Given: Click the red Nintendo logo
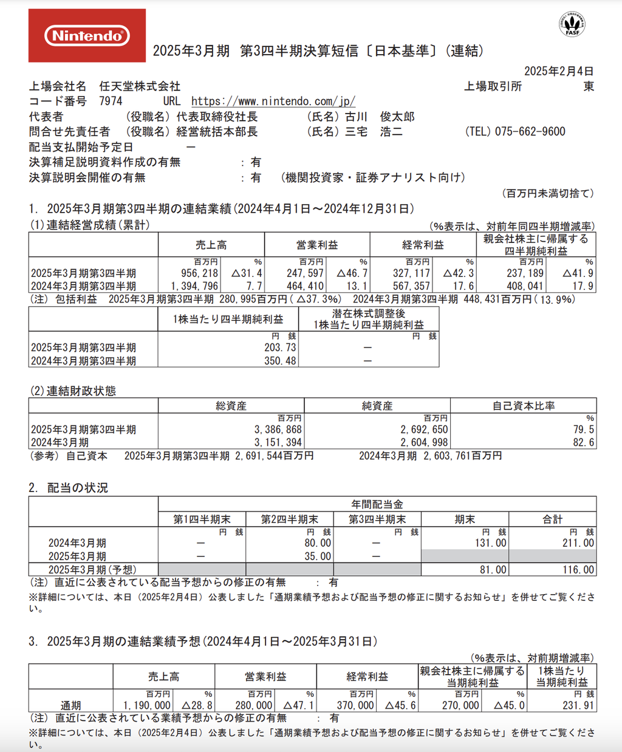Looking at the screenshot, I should click(87, 36).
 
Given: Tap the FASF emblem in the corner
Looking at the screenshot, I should click(572, 25).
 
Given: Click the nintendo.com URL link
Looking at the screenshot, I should click(273, 101).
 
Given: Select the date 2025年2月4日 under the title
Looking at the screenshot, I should click(559, 71).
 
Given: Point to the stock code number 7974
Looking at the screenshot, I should click(111, 101).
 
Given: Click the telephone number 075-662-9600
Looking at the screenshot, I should click(530, 131).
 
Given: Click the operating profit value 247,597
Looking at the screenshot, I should click(305, 273).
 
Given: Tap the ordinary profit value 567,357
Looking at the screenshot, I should click(411, 286).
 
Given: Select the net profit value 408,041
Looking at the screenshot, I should click(525, 286).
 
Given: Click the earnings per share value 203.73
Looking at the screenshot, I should click(280, 347).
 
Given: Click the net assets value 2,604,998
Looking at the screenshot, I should click(423, 442).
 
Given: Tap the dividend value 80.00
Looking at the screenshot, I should click(318, 543).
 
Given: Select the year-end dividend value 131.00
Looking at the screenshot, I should click(491, 543).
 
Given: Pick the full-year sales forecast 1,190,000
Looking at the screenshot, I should click(146, 705).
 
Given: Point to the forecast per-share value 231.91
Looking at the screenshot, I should click(578, 705).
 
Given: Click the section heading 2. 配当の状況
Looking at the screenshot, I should click(69, 488).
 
